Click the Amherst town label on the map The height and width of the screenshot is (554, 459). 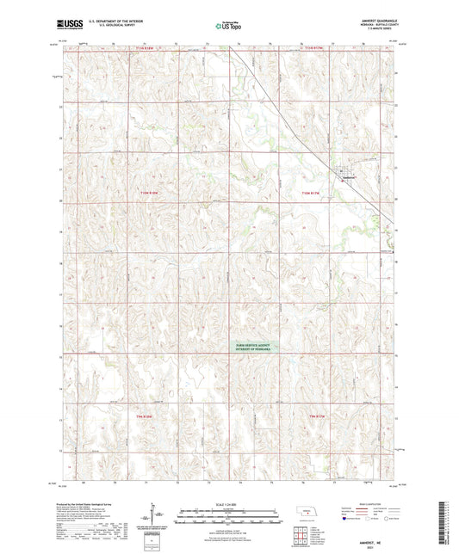click(349, 178)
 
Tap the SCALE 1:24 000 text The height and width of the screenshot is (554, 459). click(229, 503)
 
